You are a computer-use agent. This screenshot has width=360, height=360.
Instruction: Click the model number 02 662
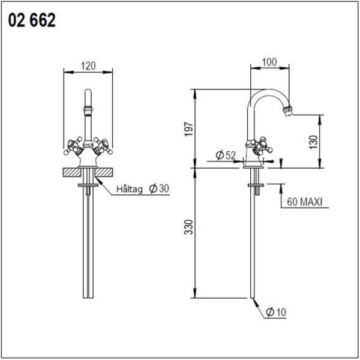(32, 21)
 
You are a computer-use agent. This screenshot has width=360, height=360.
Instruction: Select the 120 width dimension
(88, 67)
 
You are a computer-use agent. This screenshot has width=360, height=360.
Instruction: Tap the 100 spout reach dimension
(269, 62)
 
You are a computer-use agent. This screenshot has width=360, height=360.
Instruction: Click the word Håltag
(130, 189)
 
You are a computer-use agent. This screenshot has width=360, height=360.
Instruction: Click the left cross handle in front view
(74, 145)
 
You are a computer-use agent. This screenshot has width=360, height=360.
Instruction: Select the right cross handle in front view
(102, 145)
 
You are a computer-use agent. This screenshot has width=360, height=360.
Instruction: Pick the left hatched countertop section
(72, 173)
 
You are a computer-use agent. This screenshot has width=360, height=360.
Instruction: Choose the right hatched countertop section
(104, 173)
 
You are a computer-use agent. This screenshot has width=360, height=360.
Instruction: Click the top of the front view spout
(88, 95)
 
